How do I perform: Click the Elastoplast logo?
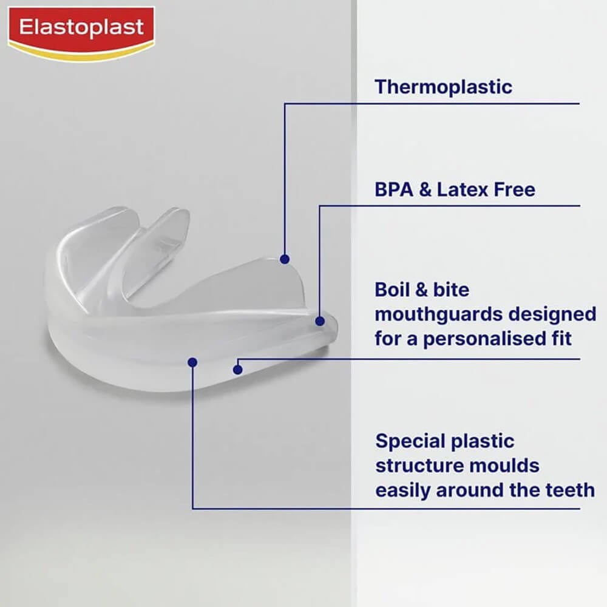click(81, 34)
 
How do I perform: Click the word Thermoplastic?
click(443, 87)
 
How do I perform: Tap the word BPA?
click(394, 189)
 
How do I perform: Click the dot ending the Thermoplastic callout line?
click(285, 259)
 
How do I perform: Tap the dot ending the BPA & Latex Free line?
click(320, 321)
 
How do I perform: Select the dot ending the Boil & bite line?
click(238, 370)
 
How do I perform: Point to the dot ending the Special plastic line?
click(192, 362)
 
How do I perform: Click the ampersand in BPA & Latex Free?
click(425, 189)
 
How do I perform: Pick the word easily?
click(403, 490)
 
